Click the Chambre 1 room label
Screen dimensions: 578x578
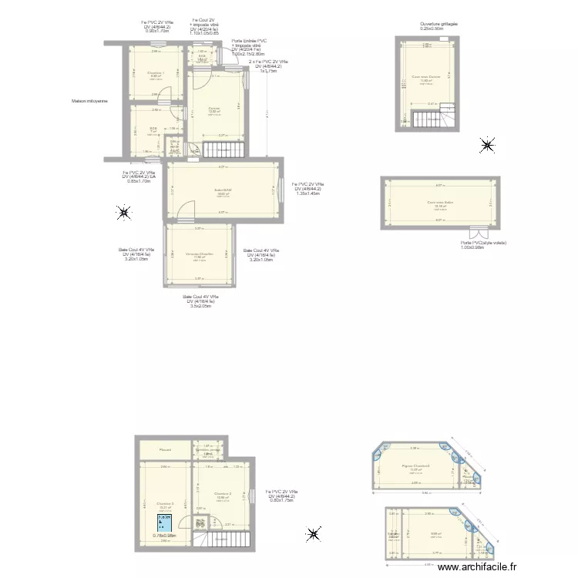point(156,73)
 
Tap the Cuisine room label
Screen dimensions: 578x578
point(214,109)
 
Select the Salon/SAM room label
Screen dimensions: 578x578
point(223,190)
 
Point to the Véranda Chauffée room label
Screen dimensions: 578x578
point(199,254)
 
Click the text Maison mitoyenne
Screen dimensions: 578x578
point(89,101)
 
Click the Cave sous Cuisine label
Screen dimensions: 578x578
point(426,77)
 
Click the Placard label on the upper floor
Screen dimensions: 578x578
point(165,450)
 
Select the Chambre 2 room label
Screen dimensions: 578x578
point(223,494)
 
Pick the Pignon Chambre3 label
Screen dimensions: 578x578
point(415,466)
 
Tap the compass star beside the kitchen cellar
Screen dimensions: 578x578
point(487,144)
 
